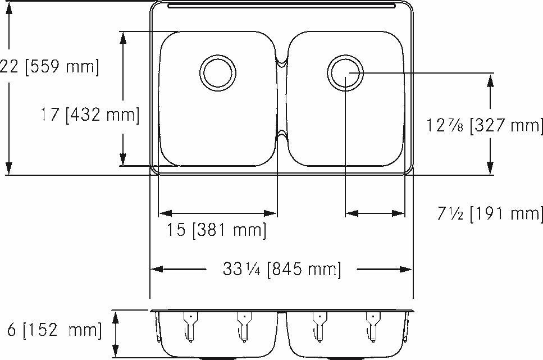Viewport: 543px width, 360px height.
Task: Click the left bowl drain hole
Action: point(218,72)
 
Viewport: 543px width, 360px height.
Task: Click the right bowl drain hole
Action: point(345,73)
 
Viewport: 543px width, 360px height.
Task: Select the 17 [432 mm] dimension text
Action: point(89,115)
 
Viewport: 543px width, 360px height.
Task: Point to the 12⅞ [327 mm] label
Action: point(483,126)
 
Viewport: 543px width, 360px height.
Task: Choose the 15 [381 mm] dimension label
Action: point(216,230)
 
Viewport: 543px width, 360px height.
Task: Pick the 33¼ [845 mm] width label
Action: point(281,270)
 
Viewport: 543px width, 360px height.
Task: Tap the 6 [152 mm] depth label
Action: point(53,330)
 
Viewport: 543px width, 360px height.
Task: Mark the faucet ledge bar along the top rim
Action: point(281,6)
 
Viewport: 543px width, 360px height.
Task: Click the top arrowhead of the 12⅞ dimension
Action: point(490,80)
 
